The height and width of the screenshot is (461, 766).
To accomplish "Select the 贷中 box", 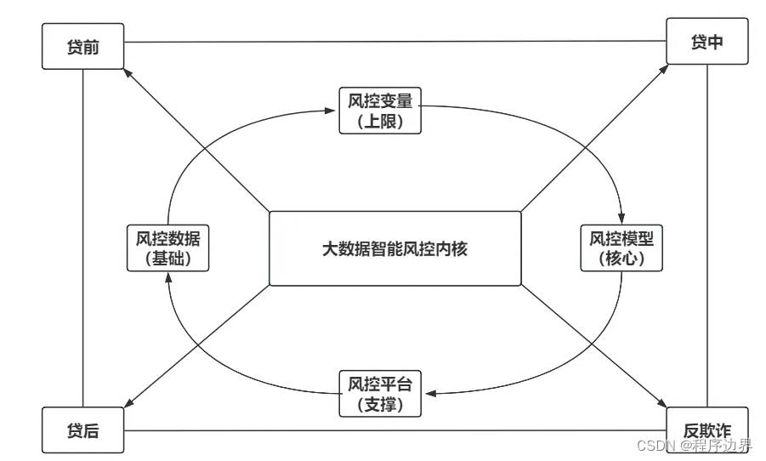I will [707, 41].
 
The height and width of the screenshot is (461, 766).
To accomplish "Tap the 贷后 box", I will [82, 430].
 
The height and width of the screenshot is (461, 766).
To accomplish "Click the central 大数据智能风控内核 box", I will [394, 249].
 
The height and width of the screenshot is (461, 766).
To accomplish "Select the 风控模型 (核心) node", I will [621, 248].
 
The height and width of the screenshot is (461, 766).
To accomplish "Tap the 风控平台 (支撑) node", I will [380, 394].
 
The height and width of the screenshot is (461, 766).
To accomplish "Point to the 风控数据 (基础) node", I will [167, 248].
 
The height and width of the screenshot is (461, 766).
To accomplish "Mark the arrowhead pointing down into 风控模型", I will [621, 219].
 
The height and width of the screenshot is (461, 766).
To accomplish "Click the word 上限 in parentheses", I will [380, 122].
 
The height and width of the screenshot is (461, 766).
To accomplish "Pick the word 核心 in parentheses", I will [621, 259].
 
